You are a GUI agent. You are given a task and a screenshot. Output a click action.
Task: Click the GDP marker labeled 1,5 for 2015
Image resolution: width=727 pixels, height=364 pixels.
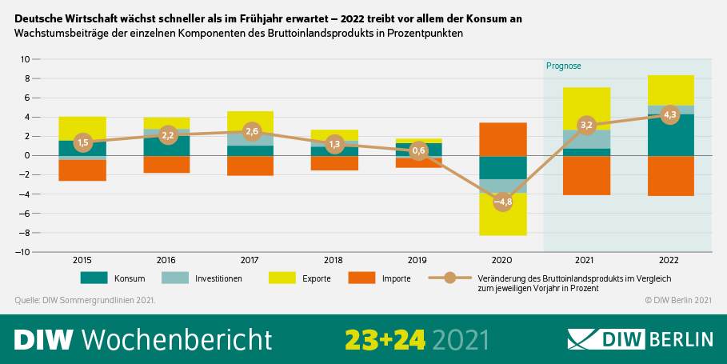pyautogui.click(x=82, y=142)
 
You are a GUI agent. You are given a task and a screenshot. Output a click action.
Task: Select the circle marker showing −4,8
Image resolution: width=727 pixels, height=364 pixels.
pyautogui.click(x=502, y=202)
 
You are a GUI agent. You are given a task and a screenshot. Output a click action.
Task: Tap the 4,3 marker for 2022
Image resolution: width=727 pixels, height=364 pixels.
pyautogui.click(x=670, y=114)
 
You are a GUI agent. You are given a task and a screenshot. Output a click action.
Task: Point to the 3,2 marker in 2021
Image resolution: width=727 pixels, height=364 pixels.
pyautogui.click(x=586, y=125)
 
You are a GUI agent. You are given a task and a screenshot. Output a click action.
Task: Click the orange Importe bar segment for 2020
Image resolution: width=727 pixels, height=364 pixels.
pyautogui.click(x=502, y=139)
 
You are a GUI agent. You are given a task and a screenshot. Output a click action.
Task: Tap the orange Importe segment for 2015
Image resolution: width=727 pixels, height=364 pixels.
pyautogui.click(x=82, y=170)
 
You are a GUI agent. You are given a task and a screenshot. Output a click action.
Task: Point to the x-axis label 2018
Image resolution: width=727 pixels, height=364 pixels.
pyautogui.click(x=334, y=259)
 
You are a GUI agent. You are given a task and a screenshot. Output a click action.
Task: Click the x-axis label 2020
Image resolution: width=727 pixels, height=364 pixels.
pyautogui.click(x=502, y=259)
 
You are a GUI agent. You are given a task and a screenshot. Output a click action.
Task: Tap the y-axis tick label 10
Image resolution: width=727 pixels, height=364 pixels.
pyautogui.click(x=25, y=59)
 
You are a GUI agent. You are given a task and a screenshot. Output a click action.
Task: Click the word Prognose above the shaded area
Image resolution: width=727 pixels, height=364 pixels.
pyautogui.click(x=563, y=66)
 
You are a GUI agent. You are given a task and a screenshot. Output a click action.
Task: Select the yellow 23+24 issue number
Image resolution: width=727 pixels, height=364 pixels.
pyautogui.click(x=385, y=339)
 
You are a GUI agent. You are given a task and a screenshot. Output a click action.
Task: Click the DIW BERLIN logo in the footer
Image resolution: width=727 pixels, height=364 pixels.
pyautogui.click(x=640, y=339)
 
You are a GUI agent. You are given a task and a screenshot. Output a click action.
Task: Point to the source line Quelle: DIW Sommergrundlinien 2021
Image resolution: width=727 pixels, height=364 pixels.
pyautogui.click(x=85, y=300)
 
